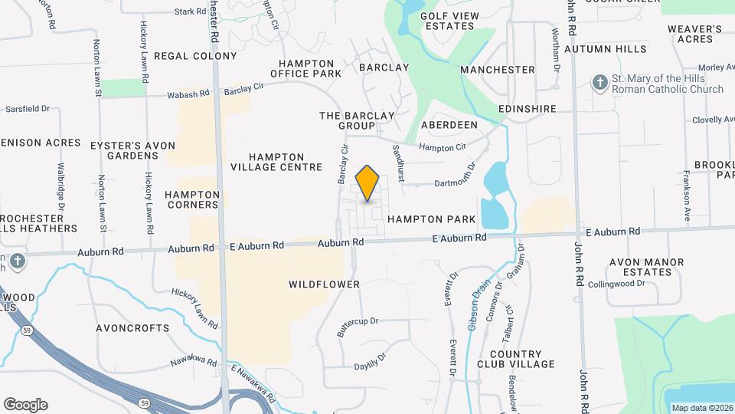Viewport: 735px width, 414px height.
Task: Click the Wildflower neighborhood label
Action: pos(324,284)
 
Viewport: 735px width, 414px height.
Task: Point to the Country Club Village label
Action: pos(515,358)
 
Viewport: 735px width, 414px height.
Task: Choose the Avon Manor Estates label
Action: pos(646,267)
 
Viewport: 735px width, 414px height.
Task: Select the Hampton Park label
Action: pos(431,219)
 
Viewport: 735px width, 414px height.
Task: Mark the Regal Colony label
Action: pos(195,56)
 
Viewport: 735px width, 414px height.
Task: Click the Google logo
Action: pos(25,404)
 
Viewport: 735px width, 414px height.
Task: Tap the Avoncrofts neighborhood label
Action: pos(132,327)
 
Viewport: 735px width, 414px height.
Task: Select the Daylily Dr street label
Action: pos(369,360)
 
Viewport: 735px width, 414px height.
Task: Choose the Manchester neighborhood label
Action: pos(498,70)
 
